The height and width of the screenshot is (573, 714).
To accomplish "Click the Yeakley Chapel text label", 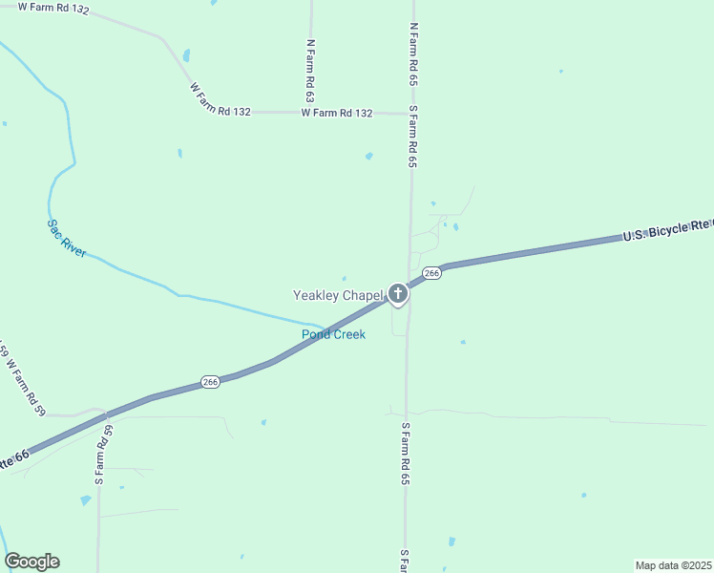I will [x=337, y=296].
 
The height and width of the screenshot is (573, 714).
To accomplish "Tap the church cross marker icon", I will [x=398, y=294].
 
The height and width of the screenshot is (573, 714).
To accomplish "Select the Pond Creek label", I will [x=333, y=334].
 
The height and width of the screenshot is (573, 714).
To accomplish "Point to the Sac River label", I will [x=67, y=239].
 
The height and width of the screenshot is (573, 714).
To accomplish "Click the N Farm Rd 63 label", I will [x=310, y=71].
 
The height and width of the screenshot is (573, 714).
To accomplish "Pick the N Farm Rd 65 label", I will [x=413, y=55].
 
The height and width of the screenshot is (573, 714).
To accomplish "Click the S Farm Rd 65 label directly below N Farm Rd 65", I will [x=413, y=137].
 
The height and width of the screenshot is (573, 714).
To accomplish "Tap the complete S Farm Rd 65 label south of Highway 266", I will [x=406, y=453].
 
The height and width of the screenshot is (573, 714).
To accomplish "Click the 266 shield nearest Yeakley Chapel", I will [x=431, y=273].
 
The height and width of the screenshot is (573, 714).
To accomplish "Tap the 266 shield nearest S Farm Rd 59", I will [x=211, y=382].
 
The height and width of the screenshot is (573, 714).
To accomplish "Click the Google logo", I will [x=32, y=562].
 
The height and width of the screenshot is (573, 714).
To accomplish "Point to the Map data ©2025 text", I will [x=673, y=565].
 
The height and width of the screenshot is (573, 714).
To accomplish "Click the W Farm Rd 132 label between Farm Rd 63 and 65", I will [x=336, y=113].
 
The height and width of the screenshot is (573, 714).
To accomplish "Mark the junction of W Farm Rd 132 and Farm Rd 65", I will [x=411, y=114].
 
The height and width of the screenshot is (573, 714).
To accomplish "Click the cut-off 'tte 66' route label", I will [x=13, y=458].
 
